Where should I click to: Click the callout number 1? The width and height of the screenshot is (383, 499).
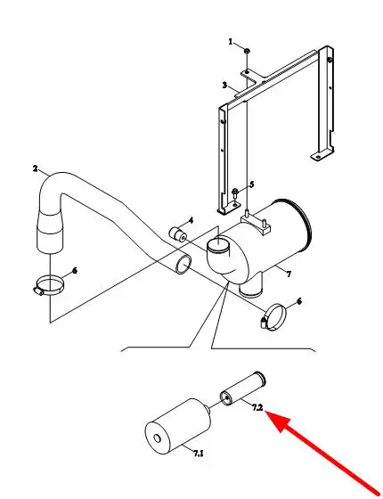231,42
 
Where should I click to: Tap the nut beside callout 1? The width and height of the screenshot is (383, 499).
247,50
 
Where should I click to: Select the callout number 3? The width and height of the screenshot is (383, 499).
224,86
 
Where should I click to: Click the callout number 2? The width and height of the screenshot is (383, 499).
35,168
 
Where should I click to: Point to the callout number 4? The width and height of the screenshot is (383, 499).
191,220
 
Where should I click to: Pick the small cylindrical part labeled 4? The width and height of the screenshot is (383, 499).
177,234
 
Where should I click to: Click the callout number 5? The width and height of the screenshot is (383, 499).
251,184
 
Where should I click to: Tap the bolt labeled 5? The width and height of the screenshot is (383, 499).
235,194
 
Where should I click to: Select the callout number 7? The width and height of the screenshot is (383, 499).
289,274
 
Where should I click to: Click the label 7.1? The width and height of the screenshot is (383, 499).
198,454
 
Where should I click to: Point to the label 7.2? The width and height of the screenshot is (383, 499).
257,408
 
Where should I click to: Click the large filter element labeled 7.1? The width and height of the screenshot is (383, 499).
178,427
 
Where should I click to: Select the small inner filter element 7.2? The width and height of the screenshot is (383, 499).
243,389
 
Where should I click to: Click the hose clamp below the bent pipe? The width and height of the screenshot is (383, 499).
49,285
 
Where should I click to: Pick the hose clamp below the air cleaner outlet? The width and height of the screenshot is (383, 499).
274,317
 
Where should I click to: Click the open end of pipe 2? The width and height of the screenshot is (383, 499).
183,264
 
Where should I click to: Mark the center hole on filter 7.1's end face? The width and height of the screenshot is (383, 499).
157,438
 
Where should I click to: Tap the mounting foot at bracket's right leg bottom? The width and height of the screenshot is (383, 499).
321,155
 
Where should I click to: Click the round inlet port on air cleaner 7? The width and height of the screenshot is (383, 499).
218,245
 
